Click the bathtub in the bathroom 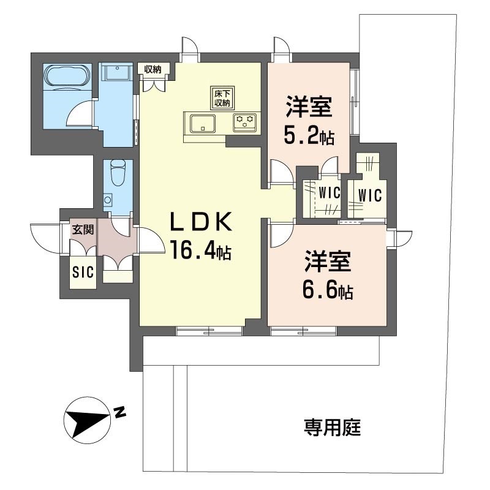coord(67,77)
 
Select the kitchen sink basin coord(201,124)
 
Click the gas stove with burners coord(246,122)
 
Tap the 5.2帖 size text coord(309,136)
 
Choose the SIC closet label coord(83,272)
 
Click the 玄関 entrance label coord(83,230)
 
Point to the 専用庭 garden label coord(332,427)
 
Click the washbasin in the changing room coord(116,73)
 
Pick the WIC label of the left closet coord(329,191)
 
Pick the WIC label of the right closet coord(370,196)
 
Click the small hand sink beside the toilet coord(108,200)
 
